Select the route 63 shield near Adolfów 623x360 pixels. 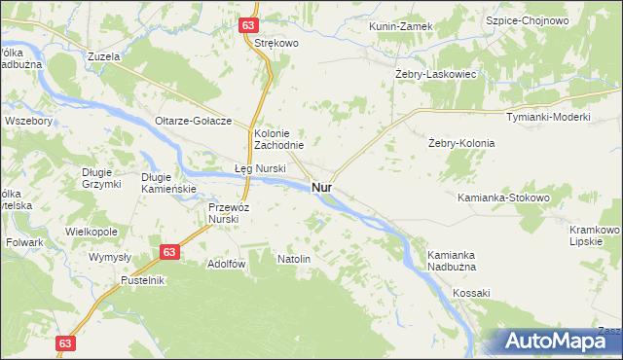coord(169,252)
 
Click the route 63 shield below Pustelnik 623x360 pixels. coord(65,343)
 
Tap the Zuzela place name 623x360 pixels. coord(102,57)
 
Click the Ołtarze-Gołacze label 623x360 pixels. coord(193,121)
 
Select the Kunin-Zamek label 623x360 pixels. coord(400,26)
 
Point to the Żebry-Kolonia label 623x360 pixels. coord(461,143)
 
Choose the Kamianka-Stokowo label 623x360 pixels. coord(504,198)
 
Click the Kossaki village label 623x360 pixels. coord(470,293)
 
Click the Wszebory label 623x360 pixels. coord(28,121)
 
